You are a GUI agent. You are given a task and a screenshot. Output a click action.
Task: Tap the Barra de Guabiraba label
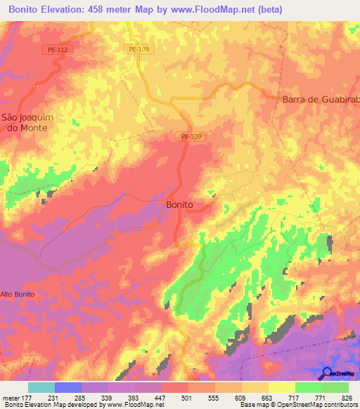(321, 100)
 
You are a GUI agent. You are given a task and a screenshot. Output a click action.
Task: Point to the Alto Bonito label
(18, 294)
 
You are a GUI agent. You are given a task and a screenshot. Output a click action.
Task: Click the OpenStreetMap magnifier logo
(327, 373)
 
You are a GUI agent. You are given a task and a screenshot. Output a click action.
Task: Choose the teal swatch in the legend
(41, 387)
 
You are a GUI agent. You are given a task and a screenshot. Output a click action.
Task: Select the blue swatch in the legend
(67, 387)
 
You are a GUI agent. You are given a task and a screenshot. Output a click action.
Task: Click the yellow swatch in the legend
(282, 387)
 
